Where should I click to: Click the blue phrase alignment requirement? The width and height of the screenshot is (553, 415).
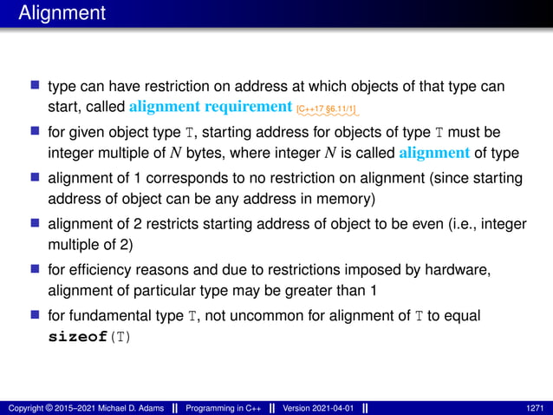[211, 108]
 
